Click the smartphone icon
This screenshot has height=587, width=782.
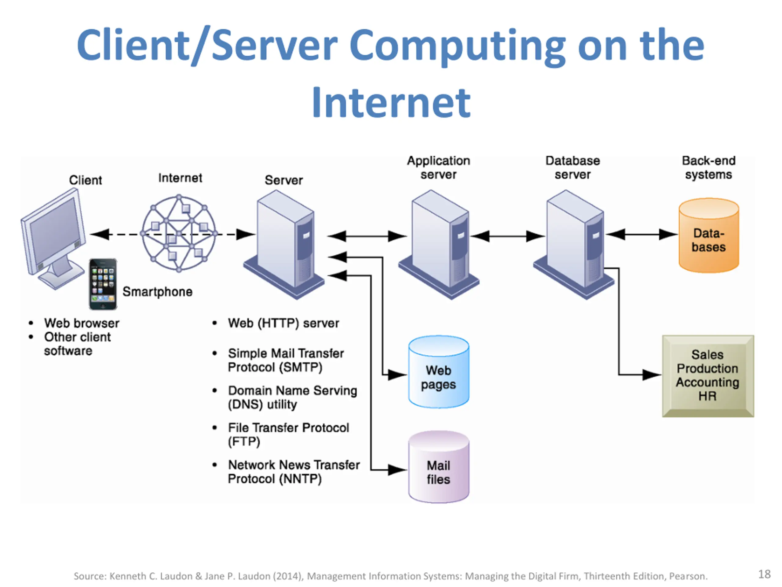click(103, 284)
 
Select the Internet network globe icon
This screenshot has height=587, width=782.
click(179, 233)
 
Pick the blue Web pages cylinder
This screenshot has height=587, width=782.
click(439, 372)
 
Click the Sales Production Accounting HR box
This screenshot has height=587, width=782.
click(708, 376)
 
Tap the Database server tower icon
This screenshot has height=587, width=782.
click(574, 244)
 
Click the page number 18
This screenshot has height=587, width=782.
click(764, 574)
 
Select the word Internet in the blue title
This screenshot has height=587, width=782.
click(391, 103)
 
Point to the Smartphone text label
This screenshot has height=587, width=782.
click(157, 292)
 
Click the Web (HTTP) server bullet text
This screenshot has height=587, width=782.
click(283, 323)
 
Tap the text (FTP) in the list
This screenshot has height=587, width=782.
click(244, 442)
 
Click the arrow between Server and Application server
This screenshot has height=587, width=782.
click(367, 236)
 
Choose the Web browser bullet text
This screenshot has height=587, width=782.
click(82, 323)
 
